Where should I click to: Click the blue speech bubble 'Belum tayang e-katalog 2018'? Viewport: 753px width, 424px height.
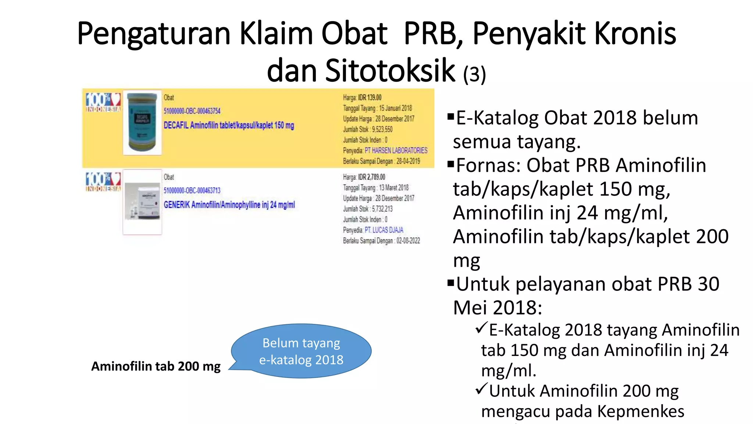(301, 351)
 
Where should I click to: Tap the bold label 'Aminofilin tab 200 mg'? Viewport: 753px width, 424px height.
(156, 366)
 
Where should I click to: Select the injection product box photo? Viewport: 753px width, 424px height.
(142, 202)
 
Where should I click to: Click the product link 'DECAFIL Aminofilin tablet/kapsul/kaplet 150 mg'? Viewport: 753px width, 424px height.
(229, 126)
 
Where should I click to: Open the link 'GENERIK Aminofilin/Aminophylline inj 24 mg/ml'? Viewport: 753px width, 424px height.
(229, 205)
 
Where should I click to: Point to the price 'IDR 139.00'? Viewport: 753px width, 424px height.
(370, 98)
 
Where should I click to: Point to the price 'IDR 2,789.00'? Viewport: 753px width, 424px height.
(372, 177)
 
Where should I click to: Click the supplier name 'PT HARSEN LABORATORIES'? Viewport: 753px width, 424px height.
(396, 151)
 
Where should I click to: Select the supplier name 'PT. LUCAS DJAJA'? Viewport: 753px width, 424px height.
(384, 230)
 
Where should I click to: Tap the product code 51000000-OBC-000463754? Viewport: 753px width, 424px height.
(192, 111)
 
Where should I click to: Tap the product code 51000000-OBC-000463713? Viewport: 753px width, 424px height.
(192, 190)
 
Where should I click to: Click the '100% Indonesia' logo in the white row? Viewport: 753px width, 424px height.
(103, 182)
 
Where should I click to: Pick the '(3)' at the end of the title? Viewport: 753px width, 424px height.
(474, 74)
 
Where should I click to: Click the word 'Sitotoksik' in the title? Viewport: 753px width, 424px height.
(390, 71)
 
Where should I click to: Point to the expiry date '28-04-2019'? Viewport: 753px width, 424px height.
(408, 161)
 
